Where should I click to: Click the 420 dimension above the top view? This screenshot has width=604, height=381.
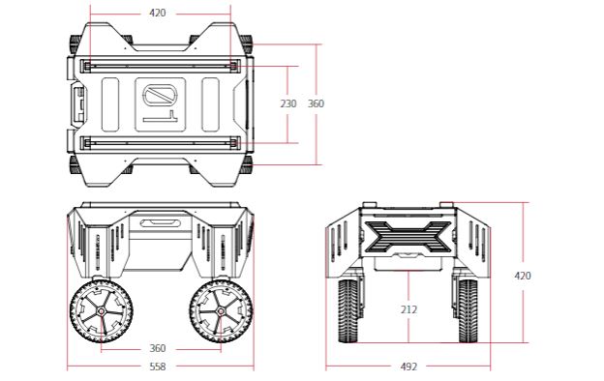158,14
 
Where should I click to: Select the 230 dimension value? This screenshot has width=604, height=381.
288,103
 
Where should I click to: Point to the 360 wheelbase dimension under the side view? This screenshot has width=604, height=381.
158,348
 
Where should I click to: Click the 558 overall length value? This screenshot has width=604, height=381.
158,366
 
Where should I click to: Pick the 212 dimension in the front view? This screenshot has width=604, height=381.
408,310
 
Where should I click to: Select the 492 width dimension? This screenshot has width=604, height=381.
408,366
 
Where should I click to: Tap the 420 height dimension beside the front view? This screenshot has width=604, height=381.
522,276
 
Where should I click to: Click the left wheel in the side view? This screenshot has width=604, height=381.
100,313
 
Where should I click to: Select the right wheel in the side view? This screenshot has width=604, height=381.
218,313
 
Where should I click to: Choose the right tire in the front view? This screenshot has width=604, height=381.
468,312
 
